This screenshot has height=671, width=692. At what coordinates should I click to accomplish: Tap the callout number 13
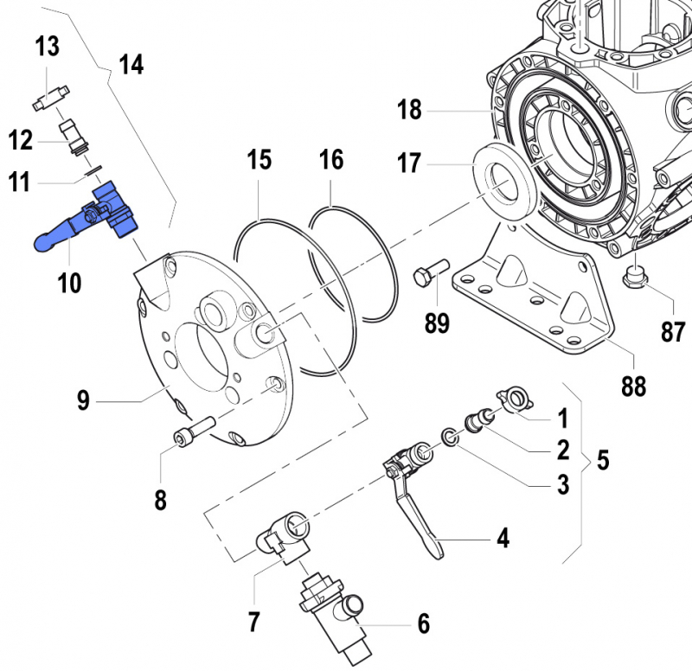(47, 47)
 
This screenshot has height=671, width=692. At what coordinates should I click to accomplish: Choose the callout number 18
(409, 110)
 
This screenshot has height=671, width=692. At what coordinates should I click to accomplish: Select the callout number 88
(633, 386)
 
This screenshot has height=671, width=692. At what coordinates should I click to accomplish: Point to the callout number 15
(259, 160)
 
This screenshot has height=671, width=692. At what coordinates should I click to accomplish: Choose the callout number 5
(602, 460)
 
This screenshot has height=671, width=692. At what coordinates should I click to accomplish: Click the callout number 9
(83, 400)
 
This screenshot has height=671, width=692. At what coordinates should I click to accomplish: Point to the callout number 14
(131, 65)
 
